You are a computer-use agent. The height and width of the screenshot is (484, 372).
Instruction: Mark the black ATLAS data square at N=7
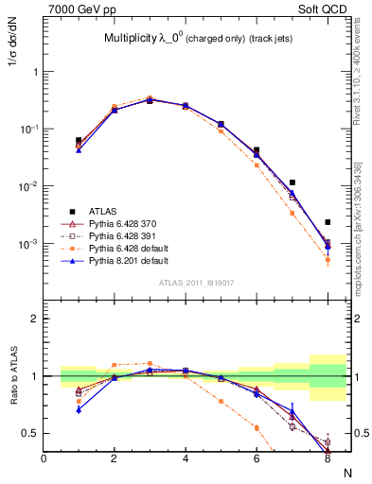coord(292,182)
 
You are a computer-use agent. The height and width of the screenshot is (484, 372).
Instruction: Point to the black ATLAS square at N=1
coord(79,140)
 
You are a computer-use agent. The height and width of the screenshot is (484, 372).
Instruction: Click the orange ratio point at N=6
coord(257,427)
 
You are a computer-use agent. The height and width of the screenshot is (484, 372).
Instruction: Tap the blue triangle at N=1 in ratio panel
coord(79,409)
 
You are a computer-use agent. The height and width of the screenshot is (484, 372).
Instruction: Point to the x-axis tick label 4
coord(185,458)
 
